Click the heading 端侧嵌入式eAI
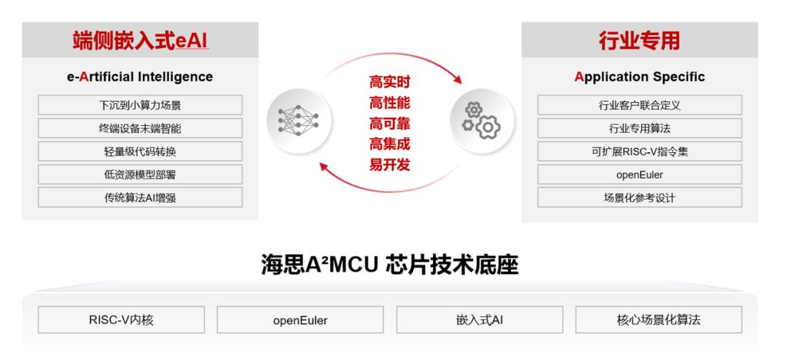pyautogui.click(x=140, y=41)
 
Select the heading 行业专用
pyautogui.click(x=640, y=41)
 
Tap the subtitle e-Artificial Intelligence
pyautogui.click(x=140, y=77)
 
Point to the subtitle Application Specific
pyautogui.click(x=640, y=77)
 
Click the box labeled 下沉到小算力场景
pyautogui.click(x=140, y=106)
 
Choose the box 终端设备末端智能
pyautogui.click(x=140, y=128)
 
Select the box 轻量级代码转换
pyautogui.click(x=140, y=152)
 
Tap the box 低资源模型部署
pyautogui.click(x=140, y=175)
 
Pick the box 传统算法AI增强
pyautogui.click(x=140, y=197)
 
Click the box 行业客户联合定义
pyautogui.click(x=640, y=106)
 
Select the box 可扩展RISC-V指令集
pyautogui.click(x=640, y=152)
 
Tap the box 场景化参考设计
pyautogui.click(x=640, y=197)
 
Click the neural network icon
pyautogui.click(x=298, y=120)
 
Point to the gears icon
pyautogui.click(x=482, y=120)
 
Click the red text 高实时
pyautogui.click(x=390, y=82)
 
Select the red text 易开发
pyautogui.click(x=390, y=165)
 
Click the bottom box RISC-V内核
pyautogui.click(x=122, y=320)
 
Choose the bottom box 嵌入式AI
pyautogui.click(x=479, y=320)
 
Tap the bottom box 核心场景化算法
pyautogui.click(x=659, y=320)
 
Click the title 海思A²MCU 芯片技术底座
pyautogui.click(x=389, y=265)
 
